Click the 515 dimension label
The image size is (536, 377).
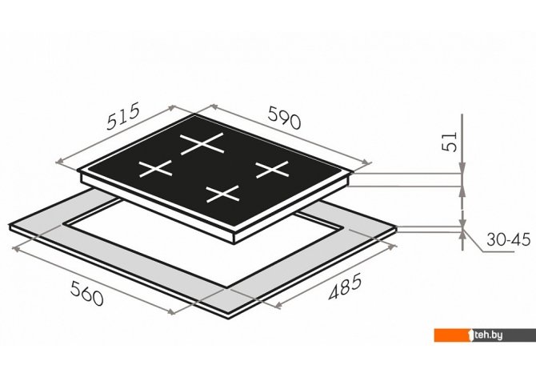(123, 116)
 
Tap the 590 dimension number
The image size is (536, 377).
(285, 118)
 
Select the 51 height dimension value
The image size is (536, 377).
(450, 142)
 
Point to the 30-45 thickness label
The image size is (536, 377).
(508, 239)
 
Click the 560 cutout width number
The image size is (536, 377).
(86, 293)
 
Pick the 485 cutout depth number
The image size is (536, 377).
(345, 287)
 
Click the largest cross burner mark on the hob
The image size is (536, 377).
(202, 144)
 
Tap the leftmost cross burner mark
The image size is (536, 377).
(155, 169)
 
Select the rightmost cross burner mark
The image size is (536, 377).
(273, 170)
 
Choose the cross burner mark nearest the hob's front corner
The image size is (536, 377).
(223, 194)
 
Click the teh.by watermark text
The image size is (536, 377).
(488, 335)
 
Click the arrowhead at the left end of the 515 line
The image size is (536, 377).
(59, 162)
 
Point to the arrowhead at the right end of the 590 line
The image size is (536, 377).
(367, 162)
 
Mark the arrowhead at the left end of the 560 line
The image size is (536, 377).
(16, 249)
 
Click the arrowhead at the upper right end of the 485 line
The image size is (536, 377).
(393, 247)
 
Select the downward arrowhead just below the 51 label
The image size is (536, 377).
(462, 167)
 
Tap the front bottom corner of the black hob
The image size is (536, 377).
(234, 243)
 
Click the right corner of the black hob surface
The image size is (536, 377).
(350, 174)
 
